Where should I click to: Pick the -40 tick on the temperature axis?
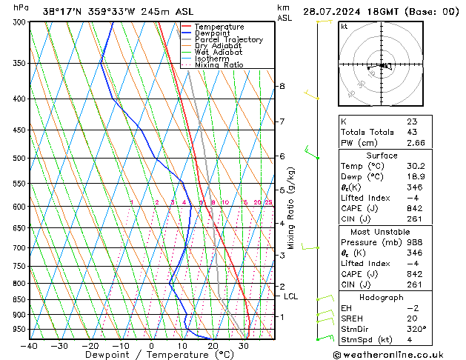(x=30, y=345)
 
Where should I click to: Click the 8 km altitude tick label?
(x=282, y=87)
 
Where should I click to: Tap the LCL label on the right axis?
(x=291, y=297)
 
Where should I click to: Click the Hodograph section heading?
(x=381, y=297)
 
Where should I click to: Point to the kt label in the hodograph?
(x=344, y=27)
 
